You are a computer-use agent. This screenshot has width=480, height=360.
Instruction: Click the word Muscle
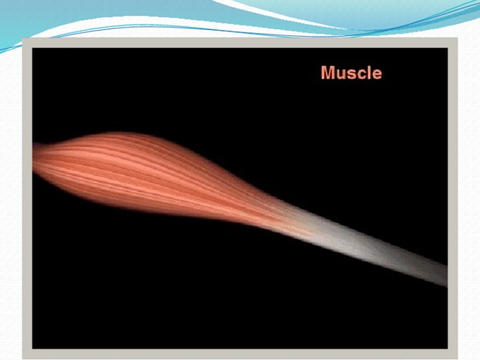tap(352, 73)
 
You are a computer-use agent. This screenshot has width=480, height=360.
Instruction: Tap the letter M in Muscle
tap(328, 73)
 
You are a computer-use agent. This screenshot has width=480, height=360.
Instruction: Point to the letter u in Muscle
tap(340, 74)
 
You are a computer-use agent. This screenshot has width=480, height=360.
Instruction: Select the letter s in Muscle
tap(352, 74)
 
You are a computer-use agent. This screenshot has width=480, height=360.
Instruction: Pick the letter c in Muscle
tap(361, 74)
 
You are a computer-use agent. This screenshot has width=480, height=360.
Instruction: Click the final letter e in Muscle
tap(377, 74)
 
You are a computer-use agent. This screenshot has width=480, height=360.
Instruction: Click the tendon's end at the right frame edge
tap(445, 276)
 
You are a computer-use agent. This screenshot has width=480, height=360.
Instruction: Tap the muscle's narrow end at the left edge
tap(34, 157)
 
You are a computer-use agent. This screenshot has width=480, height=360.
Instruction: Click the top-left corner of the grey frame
tap(23, 38)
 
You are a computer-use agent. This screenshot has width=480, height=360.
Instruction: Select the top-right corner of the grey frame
tap(457, 38)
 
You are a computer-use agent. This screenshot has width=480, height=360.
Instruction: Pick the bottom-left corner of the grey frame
tap(23, 358)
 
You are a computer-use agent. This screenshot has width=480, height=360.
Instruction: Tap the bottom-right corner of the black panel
tap(447, 348)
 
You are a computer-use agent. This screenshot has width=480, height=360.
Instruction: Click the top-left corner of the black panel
tap(33, 48)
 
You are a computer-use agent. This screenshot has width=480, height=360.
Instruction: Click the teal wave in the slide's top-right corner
tap(398, 12)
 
